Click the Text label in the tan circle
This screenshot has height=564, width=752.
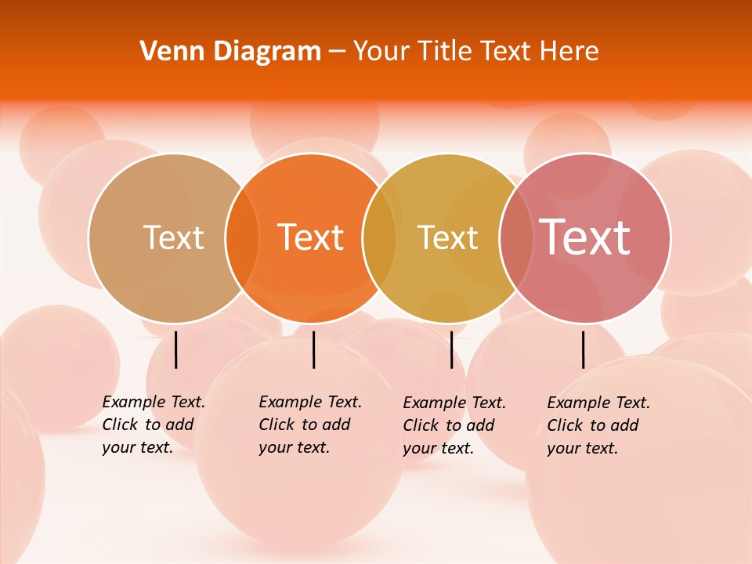point(173,237)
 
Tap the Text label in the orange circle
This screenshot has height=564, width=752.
point(311,237)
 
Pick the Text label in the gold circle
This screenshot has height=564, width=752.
point(447,237)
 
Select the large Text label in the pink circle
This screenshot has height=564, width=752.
point(585,237)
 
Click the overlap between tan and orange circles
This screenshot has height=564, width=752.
point(242,238)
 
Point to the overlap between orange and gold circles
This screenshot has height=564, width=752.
point(379,238)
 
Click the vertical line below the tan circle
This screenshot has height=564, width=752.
point(175,349)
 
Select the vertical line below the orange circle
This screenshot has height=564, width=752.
point(313,349)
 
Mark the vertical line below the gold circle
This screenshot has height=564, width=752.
point(451,349)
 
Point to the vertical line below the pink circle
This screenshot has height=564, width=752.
point(584,349)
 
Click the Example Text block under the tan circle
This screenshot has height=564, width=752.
point(153,425)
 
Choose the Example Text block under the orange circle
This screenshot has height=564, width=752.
point(309,425)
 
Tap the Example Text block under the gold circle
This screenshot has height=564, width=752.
point(454,425)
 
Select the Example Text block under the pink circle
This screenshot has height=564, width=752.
point(598,425)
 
